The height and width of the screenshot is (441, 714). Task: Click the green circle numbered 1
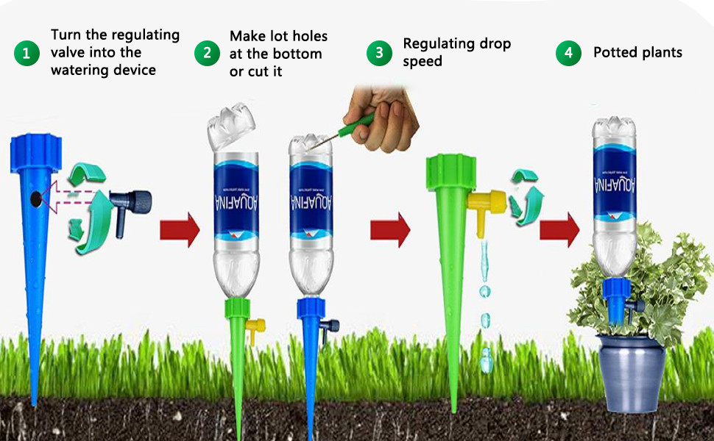[x=26, y=54]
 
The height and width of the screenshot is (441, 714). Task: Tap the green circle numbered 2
[x=207, y=54]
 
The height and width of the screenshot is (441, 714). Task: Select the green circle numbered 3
[x=379, y=54]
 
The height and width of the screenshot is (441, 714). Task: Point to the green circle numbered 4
[x=568, y=54]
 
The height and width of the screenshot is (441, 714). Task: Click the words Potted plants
[x=637, y=52]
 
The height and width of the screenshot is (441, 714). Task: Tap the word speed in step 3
[x=423, y=62]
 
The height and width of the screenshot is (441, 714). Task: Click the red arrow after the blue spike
[x=180, y=230]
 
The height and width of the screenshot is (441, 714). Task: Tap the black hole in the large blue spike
[x=35, y=198]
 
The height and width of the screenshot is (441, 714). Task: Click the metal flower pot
[x=632, y=372]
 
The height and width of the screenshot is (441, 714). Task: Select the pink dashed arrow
[x=74, y=198]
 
